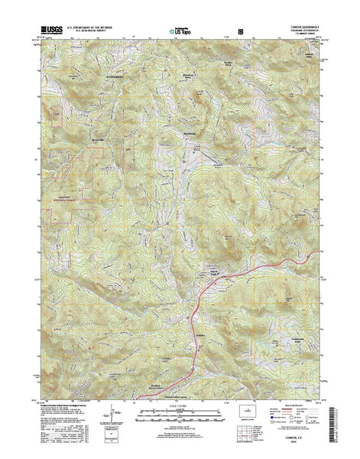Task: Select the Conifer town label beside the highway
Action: [x=200, y=313]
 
